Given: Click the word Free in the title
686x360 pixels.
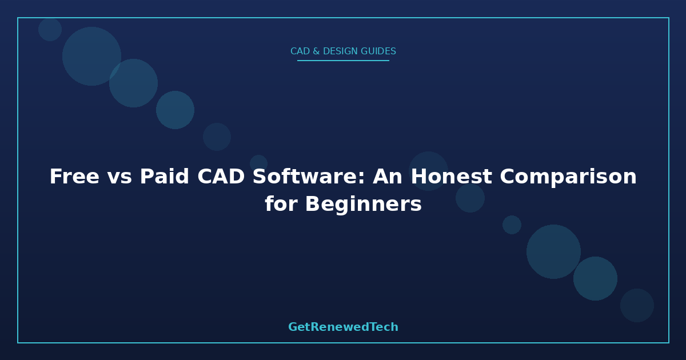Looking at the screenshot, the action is (x=74, y=177).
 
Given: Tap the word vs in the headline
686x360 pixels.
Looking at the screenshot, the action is (x=119, y=178).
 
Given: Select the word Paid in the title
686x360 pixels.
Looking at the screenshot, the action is (x=165, y=177).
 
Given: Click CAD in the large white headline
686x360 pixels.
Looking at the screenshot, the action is (x=221, y=177).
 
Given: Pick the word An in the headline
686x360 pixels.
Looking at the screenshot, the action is (x=388, y=177).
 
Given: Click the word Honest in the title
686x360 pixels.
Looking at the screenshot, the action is (x=451, y=177).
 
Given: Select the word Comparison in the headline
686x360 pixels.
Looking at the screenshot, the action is (x=568, y=178).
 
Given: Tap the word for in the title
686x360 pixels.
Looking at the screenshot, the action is (x=281, y=203).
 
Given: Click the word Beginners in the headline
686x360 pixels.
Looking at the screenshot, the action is (x=364, y=205).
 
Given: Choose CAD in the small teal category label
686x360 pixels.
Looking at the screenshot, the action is (x=300, y=51).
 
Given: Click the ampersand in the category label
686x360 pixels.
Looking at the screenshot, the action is (x=316, y=51).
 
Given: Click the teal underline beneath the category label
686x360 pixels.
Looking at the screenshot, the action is (x=343, y=61).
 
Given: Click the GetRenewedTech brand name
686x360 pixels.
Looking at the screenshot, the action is (x=343, y=327).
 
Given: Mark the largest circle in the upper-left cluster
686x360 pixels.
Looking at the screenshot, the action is (x=91, y=56).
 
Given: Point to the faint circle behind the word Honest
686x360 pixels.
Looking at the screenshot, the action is (x=428, y=171).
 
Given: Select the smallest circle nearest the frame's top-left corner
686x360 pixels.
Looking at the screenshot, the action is (x=50, y=29).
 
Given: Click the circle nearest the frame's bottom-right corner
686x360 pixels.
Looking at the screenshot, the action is (x=637, y=305).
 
